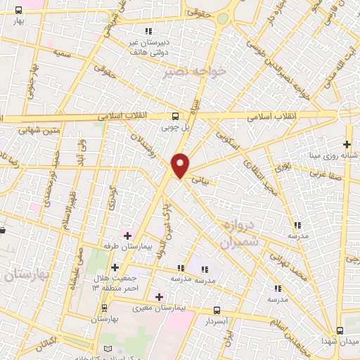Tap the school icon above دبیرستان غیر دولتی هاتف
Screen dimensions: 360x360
pos(148,31)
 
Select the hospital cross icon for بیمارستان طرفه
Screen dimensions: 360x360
pos(127,234)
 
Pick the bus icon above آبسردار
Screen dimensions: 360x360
pos(217,309)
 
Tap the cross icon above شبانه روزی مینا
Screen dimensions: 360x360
pos(347,144)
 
